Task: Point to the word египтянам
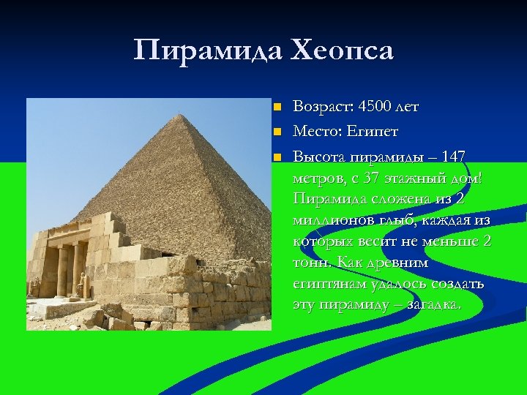point(327,284)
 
